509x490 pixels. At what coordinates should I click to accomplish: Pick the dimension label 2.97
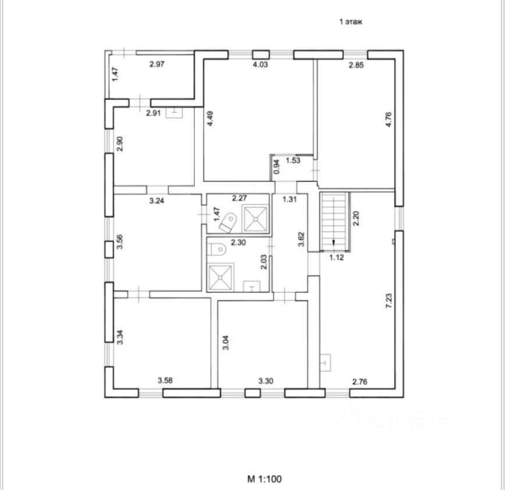click(x=157, y=65)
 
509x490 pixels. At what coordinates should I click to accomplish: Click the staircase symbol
click(x=333, y=220)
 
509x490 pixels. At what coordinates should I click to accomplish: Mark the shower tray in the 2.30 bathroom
click(x=220, y=278)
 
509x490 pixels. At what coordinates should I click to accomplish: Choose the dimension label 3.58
click(x=166, y=382)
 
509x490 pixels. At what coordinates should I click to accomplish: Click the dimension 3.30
click(x=266, y=382)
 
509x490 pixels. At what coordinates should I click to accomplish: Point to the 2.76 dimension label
click(x=361, y=382)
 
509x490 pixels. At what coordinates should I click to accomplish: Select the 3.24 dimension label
click(x=157, y=201)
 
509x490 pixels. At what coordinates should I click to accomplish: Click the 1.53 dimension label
click(x=292, y=161)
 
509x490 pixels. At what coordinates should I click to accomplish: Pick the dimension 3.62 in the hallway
click(x=301, y=240)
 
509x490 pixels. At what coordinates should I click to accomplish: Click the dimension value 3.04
click(x=226, y=340)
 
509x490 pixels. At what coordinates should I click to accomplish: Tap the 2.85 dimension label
click(x=355, y=65)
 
